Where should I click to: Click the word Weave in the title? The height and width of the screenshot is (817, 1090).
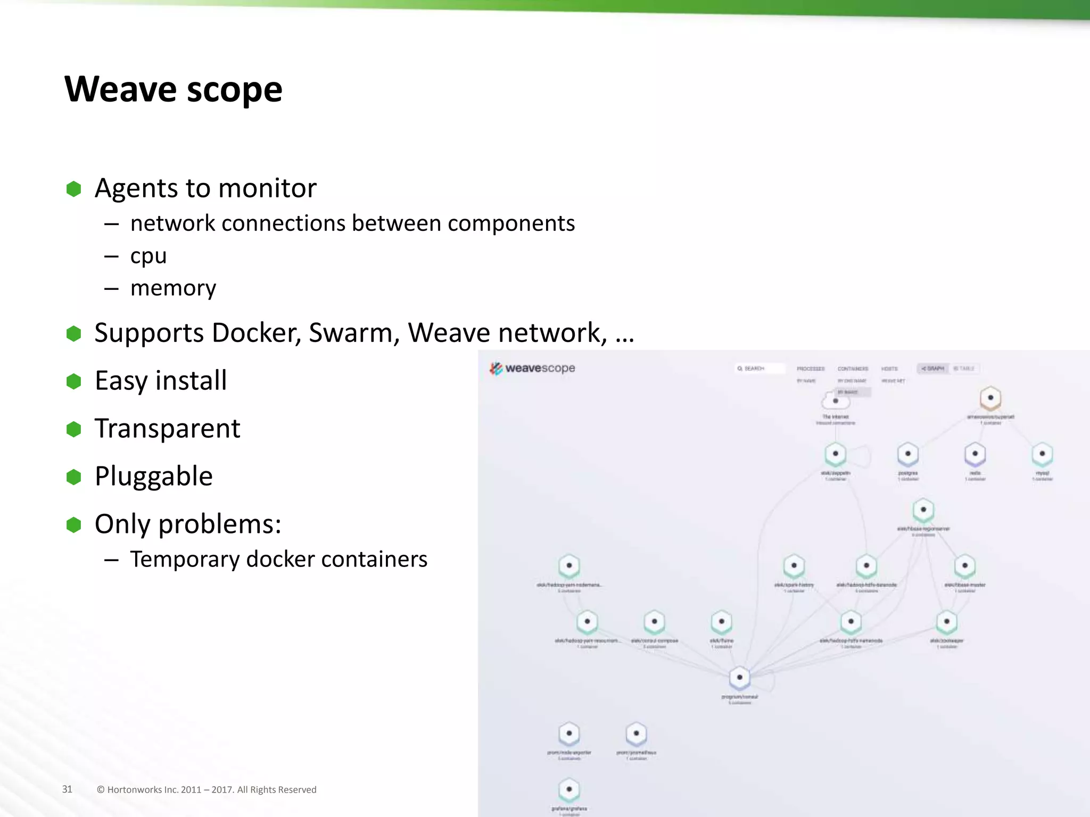(x=120, y=89)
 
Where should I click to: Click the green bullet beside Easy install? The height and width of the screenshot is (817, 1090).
(x=73, y=381)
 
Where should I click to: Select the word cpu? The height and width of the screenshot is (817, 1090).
(x=148, y=256)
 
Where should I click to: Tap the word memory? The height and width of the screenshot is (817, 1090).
(x=173, y=288)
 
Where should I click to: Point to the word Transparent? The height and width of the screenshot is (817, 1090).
(x=167, y=428)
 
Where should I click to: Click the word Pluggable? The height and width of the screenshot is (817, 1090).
(x=153, y=476)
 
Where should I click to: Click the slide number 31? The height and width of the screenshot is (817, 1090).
(x=67, y=789)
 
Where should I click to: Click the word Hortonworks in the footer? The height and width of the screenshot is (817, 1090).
(x=134, y=790)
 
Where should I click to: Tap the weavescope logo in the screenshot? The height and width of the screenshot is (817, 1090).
(x=532, y=368)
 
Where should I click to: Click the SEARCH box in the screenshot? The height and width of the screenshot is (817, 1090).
(x=759, y=368)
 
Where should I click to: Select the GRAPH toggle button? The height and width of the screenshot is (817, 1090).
(x=933, y=368)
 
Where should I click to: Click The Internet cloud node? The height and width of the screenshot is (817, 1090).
(x=835, y=401)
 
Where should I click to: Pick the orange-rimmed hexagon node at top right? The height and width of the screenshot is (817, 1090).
(x=990, y=398)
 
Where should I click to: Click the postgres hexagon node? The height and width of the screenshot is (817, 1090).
(x=907, y=454)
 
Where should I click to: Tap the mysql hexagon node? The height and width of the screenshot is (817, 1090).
(x=1042, y=454)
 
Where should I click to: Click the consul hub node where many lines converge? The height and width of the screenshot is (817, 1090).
(x=739, y=678)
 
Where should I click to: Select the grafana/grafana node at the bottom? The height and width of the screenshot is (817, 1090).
(x=569, y=789)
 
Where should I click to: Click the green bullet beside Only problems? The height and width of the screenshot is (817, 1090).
(x=73, y=524)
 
